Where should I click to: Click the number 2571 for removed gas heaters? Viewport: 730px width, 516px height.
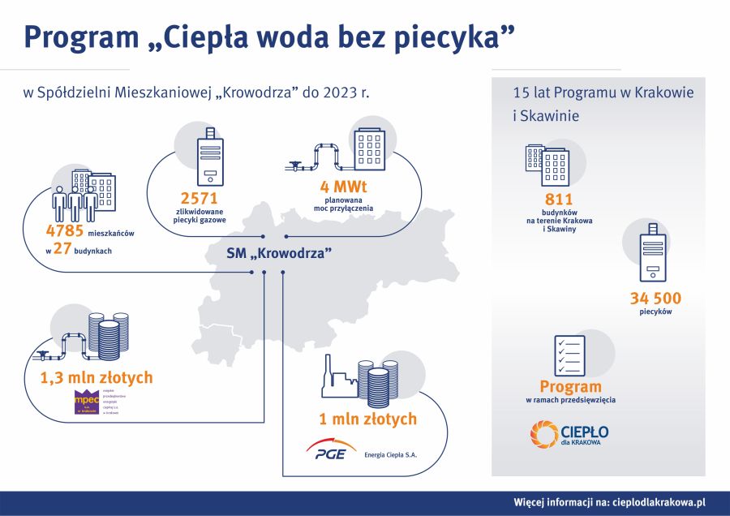click(200, 198)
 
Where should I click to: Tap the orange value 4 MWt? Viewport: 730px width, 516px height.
click(343, 190)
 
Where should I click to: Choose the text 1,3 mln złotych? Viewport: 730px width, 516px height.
click(97, 377)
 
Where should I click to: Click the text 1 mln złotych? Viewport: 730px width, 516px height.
click(367, 419)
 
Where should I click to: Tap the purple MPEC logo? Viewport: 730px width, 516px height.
click(86, 402)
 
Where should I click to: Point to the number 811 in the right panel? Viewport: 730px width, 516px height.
click(559, 200)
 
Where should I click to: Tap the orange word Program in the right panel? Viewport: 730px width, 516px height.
click(570, 386)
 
